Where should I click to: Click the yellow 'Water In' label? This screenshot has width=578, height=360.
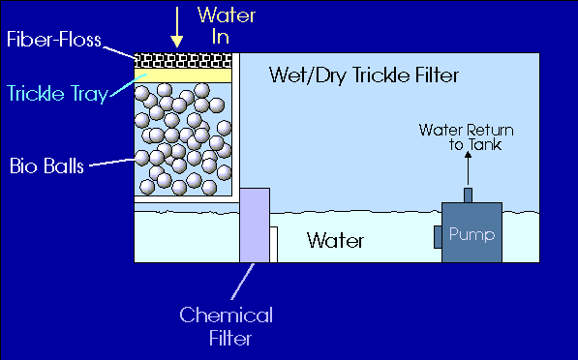click(227, 26)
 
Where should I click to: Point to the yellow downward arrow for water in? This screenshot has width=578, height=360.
click(177, 27)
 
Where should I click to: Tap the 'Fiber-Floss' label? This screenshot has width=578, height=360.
click(54, 40)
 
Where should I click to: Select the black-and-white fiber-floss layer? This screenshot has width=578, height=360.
click(183, 61)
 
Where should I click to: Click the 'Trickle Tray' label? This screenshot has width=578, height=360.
click(57, 94)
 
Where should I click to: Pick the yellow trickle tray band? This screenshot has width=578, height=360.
click(183, 75)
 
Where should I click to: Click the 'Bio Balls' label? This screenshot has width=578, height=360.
click(46, 165)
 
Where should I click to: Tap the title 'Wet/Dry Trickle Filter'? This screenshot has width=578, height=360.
click(364, 75)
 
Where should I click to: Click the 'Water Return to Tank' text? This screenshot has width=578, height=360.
click(467, 137)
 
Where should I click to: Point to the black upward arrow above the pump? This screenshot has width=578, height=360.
click(469, 168)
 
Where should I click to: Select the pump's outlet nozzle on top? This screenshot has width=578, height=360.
click(469, 195)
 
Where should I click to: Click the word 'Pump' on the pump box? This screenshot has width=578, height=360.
click(472, 235)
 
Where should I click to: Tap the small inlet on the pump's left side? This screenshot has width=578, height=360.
click(438, 237)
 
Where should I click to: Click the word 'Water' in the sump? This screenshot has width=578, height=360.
click(335, 241)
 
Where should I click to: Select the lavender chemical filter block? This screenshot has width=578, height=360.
click(255, 225)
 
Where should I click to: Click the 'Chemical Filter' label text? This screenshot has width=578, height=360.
click(227, 326)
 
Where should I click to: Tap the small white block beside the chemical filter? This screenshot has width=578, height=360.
click(274, 245)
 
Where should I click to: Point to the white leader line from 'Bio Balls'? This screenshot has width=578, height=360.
click(112, 163)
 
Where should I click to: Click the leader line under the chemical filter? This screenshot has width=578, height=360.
click(243, 282)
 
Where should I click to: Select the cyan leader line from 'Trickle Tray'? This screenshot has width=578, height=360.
click(128, 85)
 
